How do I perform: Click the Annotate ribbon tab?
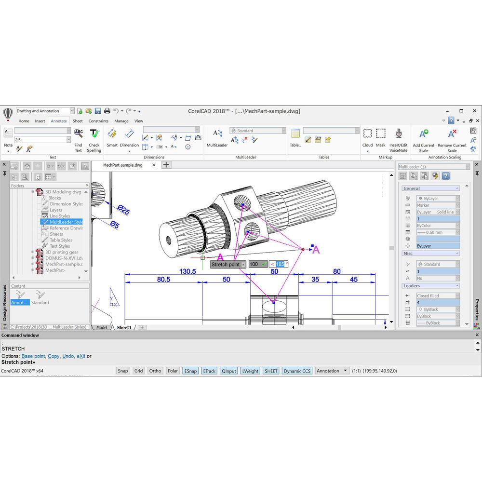pos(59,121)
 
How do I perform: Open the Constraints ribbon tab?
pos(98,121)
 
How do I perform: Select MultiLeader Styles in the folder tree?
pos(66,222)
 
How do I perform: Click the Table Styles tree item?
pos(61,240)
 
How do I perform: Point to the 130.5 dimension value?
pos(187,272)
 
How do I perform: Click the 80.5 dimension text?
pos(163,280)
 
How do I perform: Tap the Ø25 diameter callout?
pos(123,210)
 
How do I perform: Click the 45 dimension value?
pos(354,280)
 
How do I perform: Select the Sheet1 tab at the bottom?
pos(124,327)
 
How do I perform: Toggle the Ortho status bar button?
pos(155,371)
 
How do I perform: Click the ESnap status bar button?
pos(190,371)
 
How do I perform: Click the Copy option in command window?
pos(54,356)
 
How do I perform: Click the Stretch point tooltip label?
pos(226,265)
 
